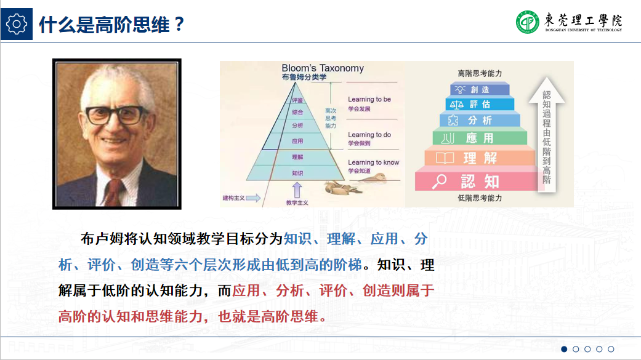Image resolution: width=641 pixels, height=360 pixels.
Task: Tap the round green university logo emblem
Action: click(528, 22)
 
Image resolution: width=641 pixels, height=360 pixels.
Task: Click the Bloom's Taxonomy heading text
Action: click(322, 68)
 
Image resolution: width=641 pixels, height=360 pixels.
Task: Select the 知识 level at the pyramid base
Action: click(297, 174)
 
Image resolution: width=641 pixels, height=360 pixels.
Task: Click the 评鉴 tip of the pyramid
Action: click(297, 100)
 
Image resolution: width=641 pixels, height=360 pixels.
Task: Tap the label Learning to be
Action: click(369, 99)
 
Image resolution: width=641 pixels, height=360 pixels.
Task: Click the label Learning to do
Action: click(369, 135)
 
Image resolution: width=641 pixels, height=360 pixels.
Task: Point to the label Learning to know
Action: click(373, 162)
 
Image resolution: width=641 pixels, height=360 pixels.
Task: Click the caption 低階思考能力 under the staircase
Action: click(480, 198)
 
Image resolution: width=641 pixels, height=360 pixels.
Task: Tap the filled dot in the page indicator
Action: click(564, 349)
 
